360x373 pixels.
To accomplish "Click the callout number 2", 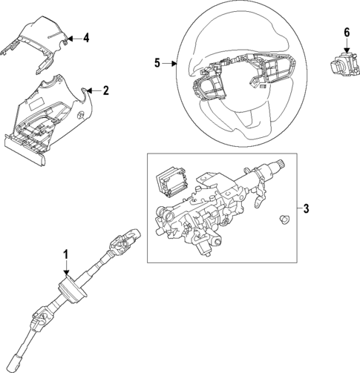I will tap(106, 91).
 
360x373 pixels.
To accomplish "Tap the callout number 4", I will tap(86, 37).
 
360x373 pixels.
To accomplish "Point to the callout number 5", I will tap(157, 64).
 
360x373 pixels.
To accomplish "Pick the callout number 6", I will tap(347, 32).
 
